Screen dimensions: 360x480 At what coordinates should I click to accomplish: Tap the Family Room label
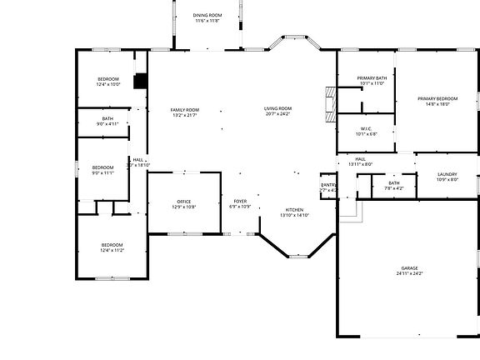point(185,110)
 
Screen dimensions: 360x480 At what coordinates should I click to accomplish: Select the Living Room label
point(278,109)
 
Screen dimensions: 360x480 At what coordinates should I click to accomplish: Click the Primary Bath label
point(371,77)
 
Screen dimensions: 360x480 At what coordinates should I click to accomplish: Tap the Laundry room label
point(447,174)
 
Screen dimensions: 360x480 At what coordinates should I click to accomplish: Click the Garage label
point(409,267)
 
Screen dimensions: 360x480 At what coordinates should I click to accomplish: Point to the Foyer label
point(240,201)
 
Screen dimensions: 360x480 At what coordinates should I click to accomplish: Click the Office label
point(184,201)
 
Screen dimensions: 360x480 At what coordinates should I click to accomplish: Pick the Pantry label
point(328,185)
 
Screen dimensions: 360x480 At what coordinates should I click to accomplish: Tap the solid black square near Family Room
point(140,80)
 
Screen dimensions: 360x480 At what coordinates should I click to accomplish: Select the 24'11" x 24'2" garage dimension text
point(409,273)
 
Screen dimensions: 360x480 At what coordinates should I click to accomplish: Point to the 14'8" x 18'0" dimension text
point(437,104)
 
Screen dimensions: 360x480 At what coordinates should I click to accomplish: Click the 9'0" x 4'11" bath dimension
point(108,124)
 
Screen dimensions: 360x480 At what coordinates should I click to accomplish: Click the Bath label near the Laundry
point(393,182)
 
